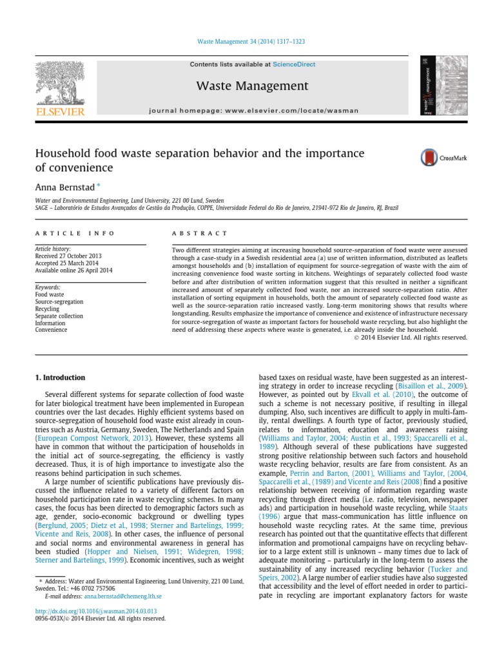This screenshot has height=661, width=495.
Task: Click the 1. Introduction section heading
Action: coord(60,378)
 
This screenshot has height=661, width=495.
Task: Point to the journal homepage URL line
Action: coord(253,110)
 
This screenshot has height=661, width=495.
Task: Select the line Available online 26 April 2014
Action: coord(73,270)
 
